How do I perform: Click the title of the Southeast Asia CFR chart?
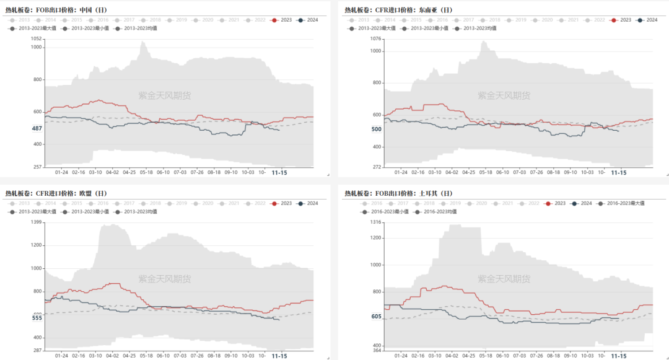pos(398,10)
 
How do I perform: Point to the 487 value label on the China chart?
pos(37,128)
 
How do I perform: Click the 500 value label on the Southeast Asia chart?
pos(376,130)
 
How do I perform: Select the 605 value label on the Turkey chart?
pos(376,317)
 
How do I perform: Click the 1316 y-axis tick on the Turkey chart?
pos(375,222)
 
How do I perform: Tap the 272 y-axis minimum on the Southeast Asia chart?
pos(377,167)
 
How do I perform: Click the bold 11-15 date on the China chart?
pos(279,173)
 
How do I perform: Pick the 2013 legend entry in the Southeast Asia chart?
pos(359,20)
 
